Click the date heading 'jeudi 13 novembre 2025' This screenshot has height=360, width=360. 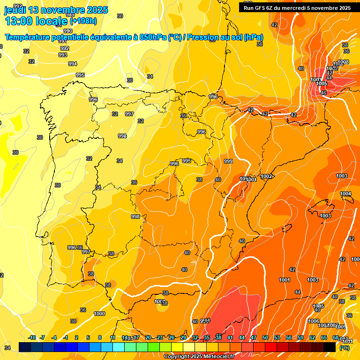(56, 10)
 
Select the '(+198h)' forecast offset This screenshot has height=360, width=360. (83, 21)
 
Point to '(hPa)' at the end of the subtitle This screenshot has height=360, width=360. (253, 37)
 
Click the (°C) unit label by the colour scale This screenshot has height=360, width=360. (344, 348)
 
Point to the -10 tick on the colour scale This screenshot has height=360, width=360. (32, 337)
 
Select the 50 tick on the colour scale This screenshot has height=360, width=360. (265, 337)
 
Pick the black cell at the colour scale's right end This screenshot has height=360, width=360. (330, 346)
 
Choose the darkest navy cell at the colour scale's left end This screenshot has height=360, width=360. (25, 346)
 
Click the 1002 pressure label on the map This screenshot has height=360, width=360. (267, 176)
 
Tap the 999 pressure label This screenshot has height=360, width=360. (228, 161)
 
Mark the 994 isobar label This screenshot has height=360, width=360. (73, 64)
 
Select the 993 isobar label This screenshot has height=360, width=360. (63, 55)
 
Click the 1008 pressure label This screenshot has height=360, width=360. (343, 62)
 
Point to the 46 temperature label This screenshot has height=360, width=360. (323, 93)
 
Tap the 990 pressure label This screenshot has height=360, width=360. (68, 31)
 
